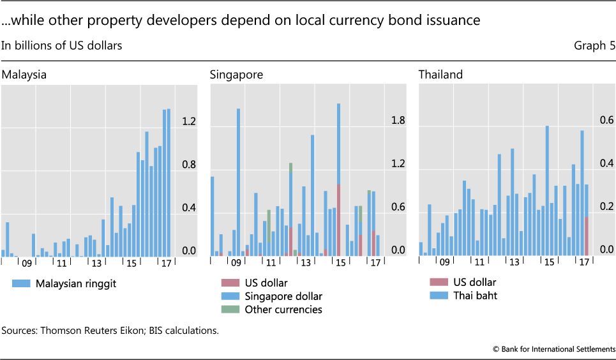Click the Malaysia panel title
coord(24,75)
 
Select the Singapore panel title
coord(236,75)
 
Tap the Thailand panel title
coord(440,75)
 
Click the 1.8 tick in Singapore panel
coord(398,120)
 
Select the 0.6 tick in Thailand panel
coord(606,120)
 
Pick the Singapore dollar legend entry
coord(283,296)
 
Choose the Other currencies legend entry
coord(283,310)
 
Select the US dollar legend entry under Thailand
coord(473,282)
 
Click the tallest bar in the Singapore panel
coord(338,179)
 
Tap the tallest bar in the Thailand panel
coord(547,190)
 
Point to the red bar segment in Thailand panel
coord(587,236)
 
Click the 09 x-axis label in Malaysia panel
coord(27,263)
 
